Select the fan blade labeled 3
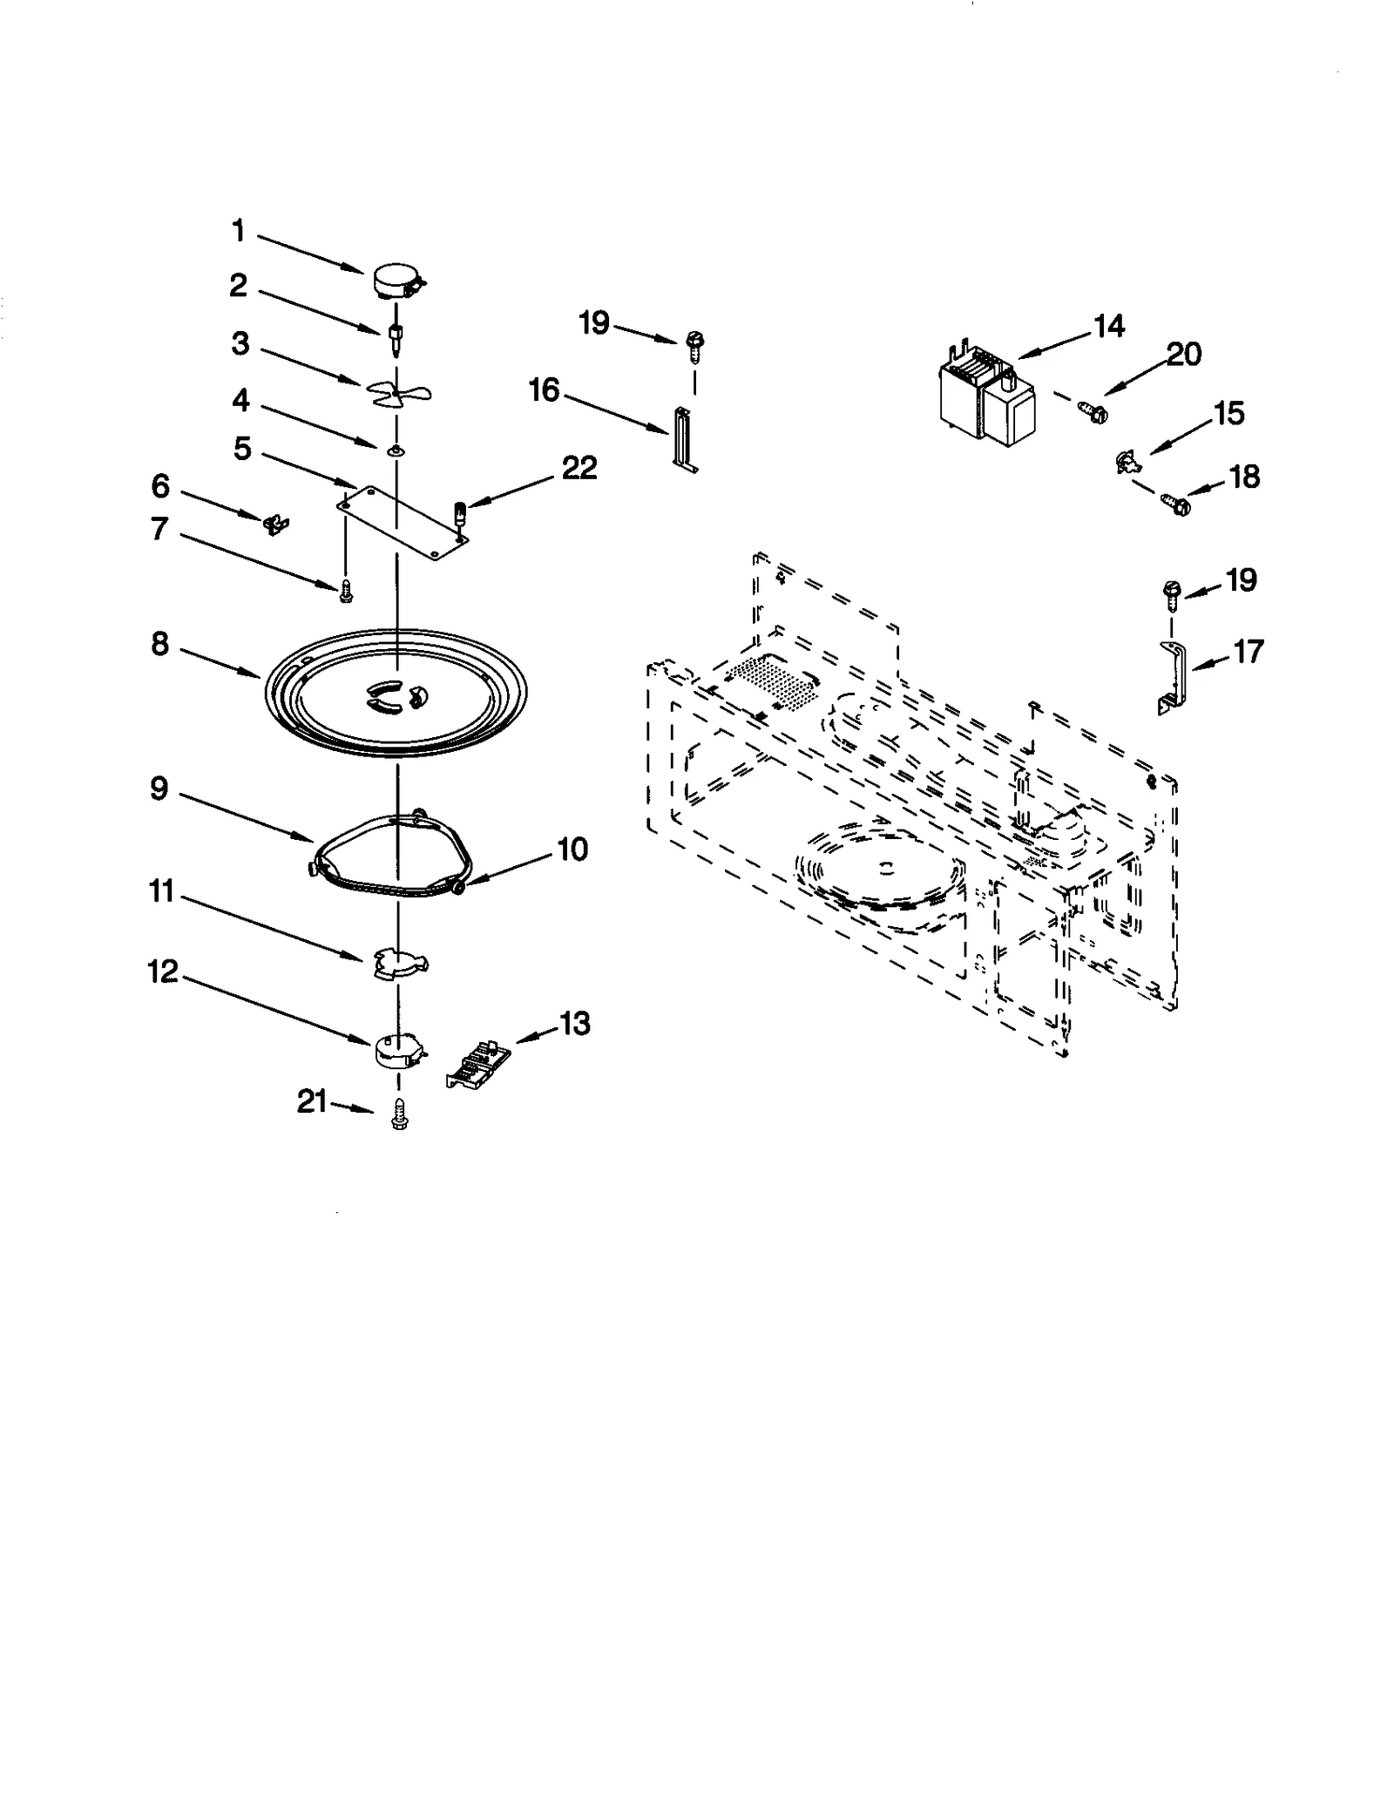(396, 394)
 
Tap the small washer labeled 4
(396, 450)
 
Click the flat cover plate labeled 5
(403, 522)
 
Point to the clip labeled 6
(275, 525)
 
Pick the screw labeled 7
(346, 591)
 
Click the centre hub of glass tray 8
(396, 694)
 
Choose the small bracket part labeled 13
(478, 1064)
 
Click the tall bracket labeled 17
(1172, 674)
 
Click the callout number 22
(579, 468)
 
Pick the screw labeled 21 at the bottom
(399, 1114)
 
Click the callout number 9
(159, 789)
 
